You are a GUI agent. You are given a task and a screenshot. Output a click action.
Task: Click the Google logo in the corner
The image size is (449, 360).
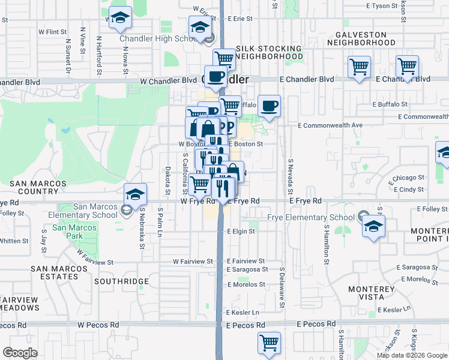click(20, 353)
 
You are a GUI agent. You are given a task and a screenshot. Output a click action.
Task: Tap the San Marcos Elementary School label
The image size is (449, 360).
click(95, 211)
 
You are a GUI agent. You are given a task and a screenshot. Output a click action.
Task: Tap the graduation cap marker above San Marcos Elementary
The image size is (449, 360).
click(136, 194)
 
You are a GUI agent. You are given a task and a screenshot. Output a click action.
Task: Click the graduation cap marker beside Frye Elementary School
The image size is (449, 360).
click(373, 227)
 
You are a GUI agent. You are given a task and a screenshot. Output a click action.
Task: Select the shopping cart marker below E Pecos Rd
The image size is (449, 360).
click(270, 343)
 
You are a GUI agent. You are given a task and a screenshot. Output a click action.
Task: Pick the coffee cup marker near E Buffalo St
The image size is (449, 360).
click(269, 106)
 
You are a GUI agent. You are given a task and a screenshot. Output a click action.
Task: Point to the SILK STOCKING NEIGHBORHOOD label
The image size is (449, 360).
click(269, 52)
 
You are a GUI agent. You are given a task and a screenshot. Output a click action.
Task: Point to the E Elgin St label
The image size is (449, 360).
click(241, 231)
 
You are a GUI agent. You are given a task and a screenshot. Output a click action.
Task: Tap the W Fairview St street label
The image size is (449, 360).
click(193, 262)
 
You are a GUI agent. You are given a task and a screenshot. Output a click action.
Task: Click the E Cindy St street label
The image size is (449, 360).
click(411, 190)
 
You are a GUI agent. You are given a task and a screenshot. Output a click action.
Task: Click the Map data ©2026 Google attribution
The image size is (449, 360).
click(412, 355)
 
